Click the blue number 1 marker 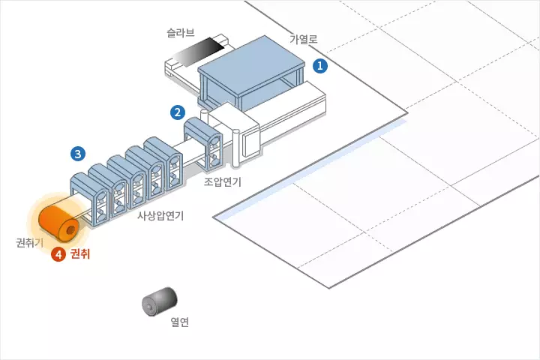point(320,66)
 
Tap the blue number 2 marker point(178,113)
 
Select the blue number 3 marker point(77,154)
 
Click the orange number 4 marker point(58,254)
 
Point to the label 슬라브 point(180,33)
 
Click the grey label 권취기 point(29,242)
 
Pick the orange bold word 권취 point(79,254)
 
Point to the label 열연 point(179,323)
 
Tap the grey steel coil point(159,302)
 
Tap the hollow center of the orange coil point(71,229)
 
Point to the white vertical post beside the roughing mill point(237,149)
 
